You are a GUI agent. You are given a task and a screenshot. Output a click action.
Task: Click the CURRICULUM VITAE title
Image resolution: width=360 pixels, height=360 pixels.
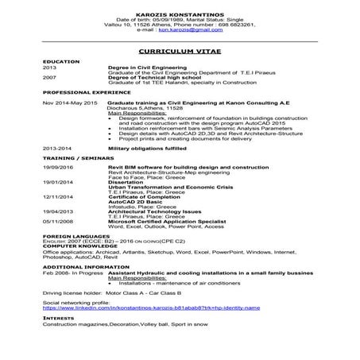(180, 49)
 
